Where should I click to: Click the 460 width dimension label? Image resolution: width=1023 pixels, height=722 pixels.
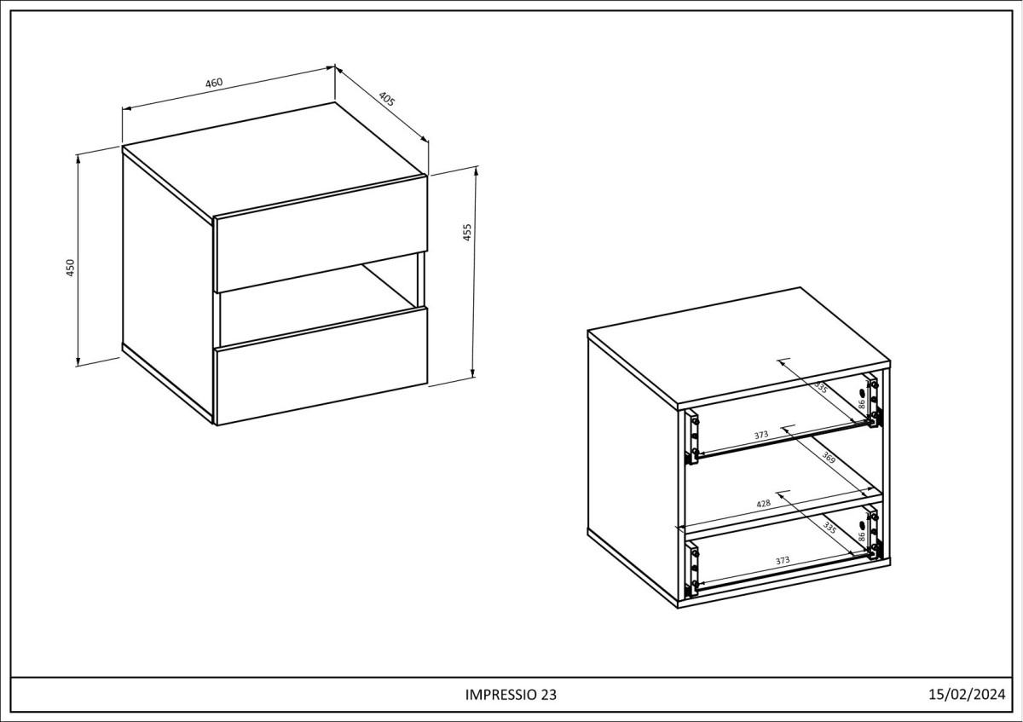pos(214,83)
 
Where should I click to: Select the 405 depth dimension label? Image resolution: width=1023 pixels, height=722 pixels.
pos(386,99)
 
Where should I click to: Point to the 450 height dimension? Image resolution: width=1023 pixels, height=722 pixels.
pos(70,268)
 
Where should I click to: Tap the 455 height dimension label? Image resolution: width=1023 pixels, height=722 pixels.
pos(467,232)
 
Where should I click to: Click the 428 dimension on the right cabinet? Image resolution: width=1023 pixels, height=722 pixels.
pos(763,503)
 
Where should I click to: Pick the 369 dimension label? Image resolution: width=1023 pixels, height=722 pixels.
pos(829,457)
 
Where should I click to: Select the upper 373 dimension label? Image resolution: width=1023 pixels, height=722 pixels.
pos(760,436)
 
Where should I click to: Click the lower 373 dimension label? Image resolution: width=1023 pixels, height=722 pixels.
pos(783,560)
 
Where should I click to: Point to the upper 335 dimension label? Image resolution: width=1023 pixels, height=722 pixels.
pos(821,387)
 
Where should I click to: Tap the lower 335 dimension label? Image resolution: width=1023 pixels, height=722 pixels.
pos(829,528)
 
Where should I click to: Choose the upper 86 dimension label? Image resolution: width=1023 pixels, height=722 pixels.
pos(861,404)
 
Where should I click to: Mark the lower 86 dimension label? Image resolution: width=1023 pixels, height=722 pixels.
pos(861,536)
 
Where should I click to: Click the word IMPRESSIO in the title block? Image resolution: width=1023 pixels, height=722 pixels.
pos(502,695)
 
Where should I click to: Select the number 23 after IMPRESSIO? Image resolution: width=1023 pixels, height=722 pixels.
pos(549,695)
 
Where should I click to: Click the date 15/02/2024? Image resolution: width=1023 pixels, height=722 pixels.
pos(967,694)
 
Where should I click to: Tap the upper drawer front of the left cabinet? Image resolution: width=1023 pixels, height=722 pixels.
pos(322,234)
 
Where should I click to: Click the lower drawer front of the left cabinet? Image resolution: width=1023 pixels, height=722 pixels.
pos(322,367)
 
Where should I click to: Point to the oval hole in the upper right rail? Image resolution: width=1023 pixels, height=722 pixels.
pos(862,393)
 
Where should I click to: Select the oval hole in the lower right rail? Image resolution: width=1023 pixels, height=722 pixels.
pos(862,525)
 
